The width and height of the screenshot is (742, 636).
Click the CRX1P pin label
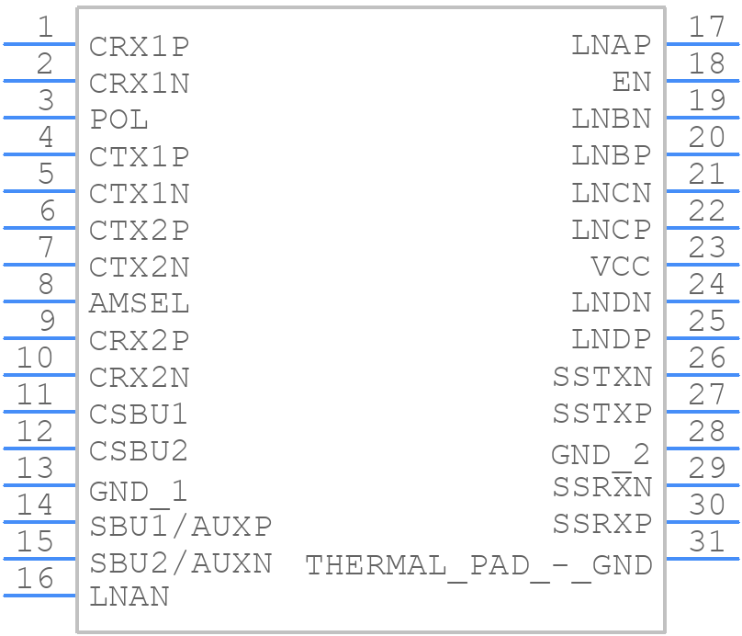point(140,47)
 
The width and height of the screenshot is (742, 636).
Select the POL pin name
point(119,119)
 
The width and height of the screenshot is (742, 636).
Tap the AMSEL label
point(140,303)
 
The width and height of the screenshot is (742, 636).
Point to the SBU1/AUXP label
point(181,526)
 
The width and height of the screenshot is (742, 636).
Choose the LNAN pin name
point(129,596)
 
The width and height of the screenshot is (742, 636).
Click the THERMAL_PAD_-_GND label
point(478,566)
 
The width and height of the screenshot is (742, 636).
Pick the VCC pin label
point(621,267)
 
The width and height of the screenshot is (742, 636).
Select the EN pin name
point(632,82)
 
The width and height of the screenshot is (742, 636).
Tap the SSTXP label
point(602,414)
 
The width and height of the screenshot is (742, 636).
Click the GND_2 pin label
point(601,456)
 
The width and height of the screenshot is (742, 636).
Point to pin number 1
point(45,27)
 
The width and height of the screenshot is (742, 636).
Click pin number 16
point(35,578)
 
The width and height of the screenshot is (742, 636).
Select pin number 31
point(706,541)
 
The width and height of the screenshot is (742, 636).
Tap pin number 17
point(706,27)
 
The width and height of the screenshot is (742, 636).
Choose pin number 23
point(706,247)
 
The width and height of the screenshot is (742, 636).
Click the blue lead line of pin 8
point(39,301)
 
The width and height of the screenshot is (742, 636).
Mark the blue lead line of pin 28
point(703,449)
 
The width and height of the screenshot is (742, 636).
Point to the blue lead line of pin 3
point(39,118)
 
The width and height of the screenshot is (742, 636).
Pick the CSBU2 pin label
point(139,451)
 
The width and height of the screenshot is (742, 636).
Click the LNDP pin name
point(612,339)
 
